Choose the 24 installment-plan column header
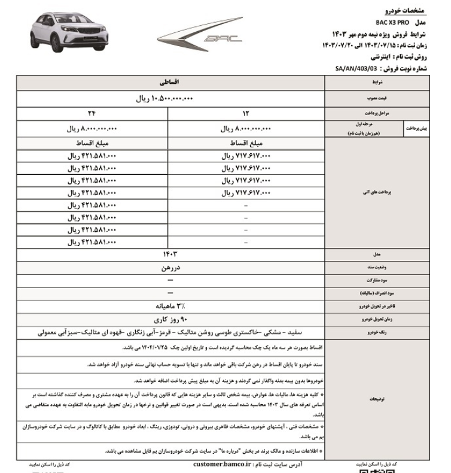pyautogui.click(x=93, y=113)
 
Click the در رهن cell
pyautogui.click(x=170, y=268)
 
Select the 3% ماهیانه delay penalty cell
pyautogui.click(x=170, y=306)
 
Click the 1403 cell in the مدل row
pyautogui.click(x=170, y=254)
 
